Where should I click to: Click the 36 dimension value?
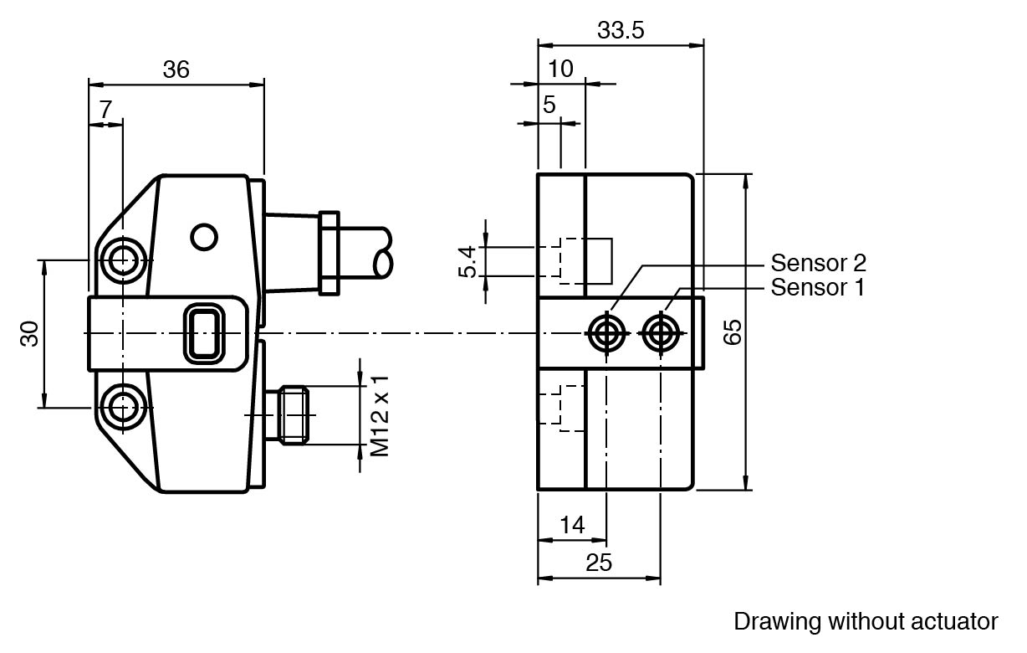(x=176, y=69)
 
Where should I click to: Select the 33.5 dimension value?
(x=621, y=31)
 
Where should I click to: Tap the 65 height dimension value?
(x=732, y=332)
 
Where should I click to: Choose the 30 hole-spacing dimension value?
(x=29, y=333)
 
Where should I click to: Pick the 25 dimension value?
(x=599, y=563)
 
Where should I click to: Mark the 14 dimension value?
(x=572, y=525)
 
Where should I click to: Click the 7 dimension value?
(x=105, y=110)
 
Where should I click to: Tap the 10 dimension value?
(x=561, y=69)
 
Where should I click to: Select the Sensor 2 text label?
(x=818, y=263)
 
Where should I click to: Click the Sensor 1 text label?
(x=817, y=288)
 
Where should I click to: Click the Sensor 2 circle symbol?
(x=605, y=333)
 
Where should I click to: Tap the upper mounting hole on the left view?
(x=123, y=260)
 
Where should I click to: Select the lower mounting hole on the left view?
(x=123, y=407)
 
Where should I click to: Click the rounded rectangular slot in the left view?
(x=203, y=333)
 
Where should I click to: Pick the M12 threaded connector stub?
(x=294, y=414)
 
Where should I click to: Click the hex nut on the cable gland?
(x=329, y=252)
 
